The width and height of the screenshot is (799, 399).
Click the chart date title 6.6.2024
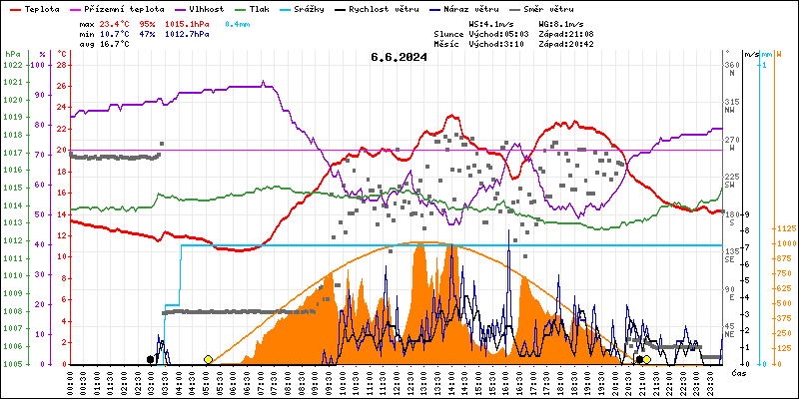click(x=399, y=57)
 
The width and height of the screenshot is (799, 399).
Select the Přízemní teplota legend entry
click(x=124, y=7)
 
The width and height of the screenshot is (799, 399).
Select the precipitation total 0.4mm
click(x=238, y=23)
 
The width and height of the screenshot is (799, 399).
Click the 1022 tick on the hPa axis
click(x=12, y=65)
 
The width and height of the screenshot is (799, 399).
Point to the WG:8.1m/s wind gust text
click(x=561, y=23)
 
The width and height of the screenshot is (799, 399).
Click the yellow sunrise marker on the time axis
click(x=208, y=359)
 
